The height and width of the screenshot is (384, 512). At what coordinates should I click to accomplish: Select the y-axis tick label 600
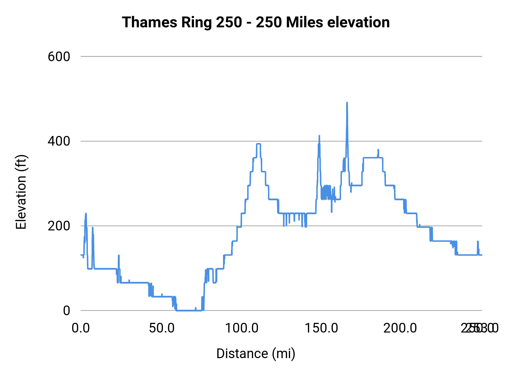pyautogui.click(x=59, y=57)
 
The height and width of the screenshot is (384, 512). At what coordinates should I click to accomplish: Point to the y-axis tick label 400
pyautogui.click(x=59, y=141)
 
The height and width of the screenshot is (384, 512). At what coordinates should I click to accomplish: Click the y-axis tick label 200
pyautogui.click(x=59, y=226)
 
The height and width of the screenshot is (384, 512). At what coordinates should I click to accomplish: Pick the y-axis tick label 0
pyautogui.click(x=66, y=311)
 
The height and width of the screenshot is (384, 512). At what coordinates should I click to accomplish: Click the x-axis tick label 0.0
pyautogui.click(x=81, y=328)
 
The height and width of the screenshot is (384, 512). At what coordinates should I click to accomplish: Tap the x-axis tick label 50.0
pyautogui.click(x=162, y=328)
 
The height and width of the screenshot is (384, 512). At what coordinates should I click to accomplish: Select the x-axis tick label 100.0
pyautogui.click(x=241, y=328)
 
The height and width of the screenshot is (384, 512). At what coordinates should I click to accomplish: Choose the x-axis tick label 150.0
pyautogui.click(x=321, y=328)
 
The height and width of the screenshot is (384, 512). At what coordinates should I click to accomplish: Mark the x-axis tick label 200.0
pyautogui.click(x=400, y=328)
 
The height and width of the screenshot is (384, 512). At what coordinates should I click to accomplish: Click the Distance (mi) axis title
pyautogui.click(x=256, y=354)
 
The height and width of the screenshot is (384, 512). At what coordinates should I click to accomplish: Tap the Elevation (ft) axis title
pyautogui.click(x=21, y=192)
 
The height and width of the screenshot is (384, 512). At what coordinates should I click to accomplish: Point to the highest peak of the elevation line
pyautogui.click(x=347, y=103)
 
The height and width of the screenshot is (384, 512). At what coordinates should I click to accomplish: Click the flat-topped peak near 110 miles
pyautogui.click(x=259, y=144)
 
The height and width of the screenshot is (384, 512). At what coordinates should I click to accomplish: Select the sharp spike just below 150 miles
pyautogui.click(x=319, y=136)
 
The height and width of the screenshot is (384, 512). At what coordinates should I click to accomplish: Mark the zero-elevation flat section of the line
pyautogui.click(x=188, y=310)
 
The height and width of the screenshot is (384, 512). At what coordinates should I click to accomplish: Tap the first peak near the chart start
pyautogui.click(x=86, y=214)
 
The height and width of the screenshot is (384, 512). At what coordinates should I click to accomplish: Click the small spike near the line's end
pyautogui.click(x=478, y=241)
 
